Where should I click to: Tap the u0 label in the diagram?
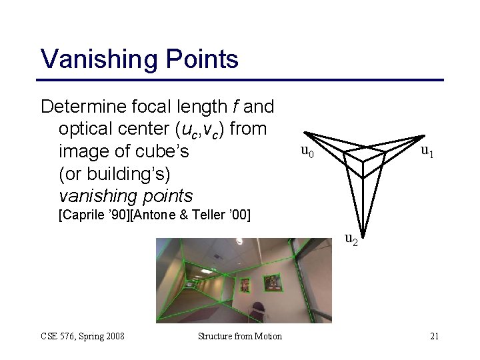coord(306,152)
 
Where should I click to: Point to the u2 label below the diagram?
coord(351,238)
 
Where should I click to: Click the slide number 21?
coord(434,336)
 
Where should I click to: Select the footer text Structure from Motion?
coord(240,336)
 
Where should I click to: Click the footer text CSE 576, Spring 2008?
coord(83,336)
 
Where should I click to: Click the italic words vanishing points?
coord(125,196)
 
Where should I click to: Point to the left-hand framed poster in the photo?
coord(244,283)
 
